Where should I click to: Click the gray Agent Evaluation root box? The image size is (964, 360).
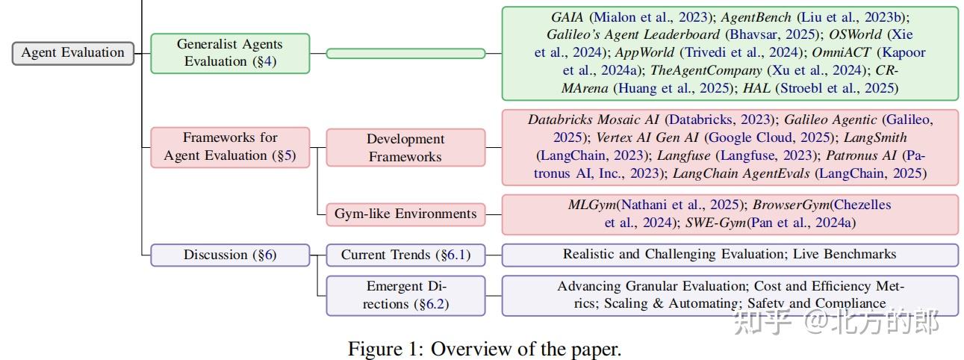73,53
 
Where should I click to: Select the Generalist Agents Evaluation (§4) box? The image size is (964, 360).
230,53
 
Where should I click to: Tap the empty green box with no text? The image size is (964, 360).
405,53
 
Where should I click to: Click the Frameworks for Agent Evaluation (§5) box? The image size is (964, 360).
230,147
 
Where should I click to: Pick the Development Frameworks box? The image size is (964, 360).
405,147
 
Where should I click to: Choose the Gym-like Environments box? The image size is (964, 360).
405,214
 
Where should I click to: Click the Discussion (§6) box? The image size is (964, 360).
230,255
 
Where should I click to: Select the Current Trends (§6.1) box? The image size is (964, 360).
405,255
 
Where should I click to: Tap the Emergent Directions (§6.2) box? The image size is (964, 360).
405,296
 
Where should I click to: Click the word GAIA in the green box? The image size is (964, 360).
567,17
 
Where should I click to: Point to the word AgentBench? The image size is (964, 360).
756,17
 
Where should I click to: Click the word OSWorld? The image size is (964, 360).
855,34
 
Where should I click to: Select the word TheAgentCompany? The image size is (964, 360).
706,70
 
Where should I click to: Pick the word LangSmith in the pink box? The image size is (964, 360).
875,137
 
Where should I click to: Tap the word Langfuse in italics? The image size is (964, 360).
684,155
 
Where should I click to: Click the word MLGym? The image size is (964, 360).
592,205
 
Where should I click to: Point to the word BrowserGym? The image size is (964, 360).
791,205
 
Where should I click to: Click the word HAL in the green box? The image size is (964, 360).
756,88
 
